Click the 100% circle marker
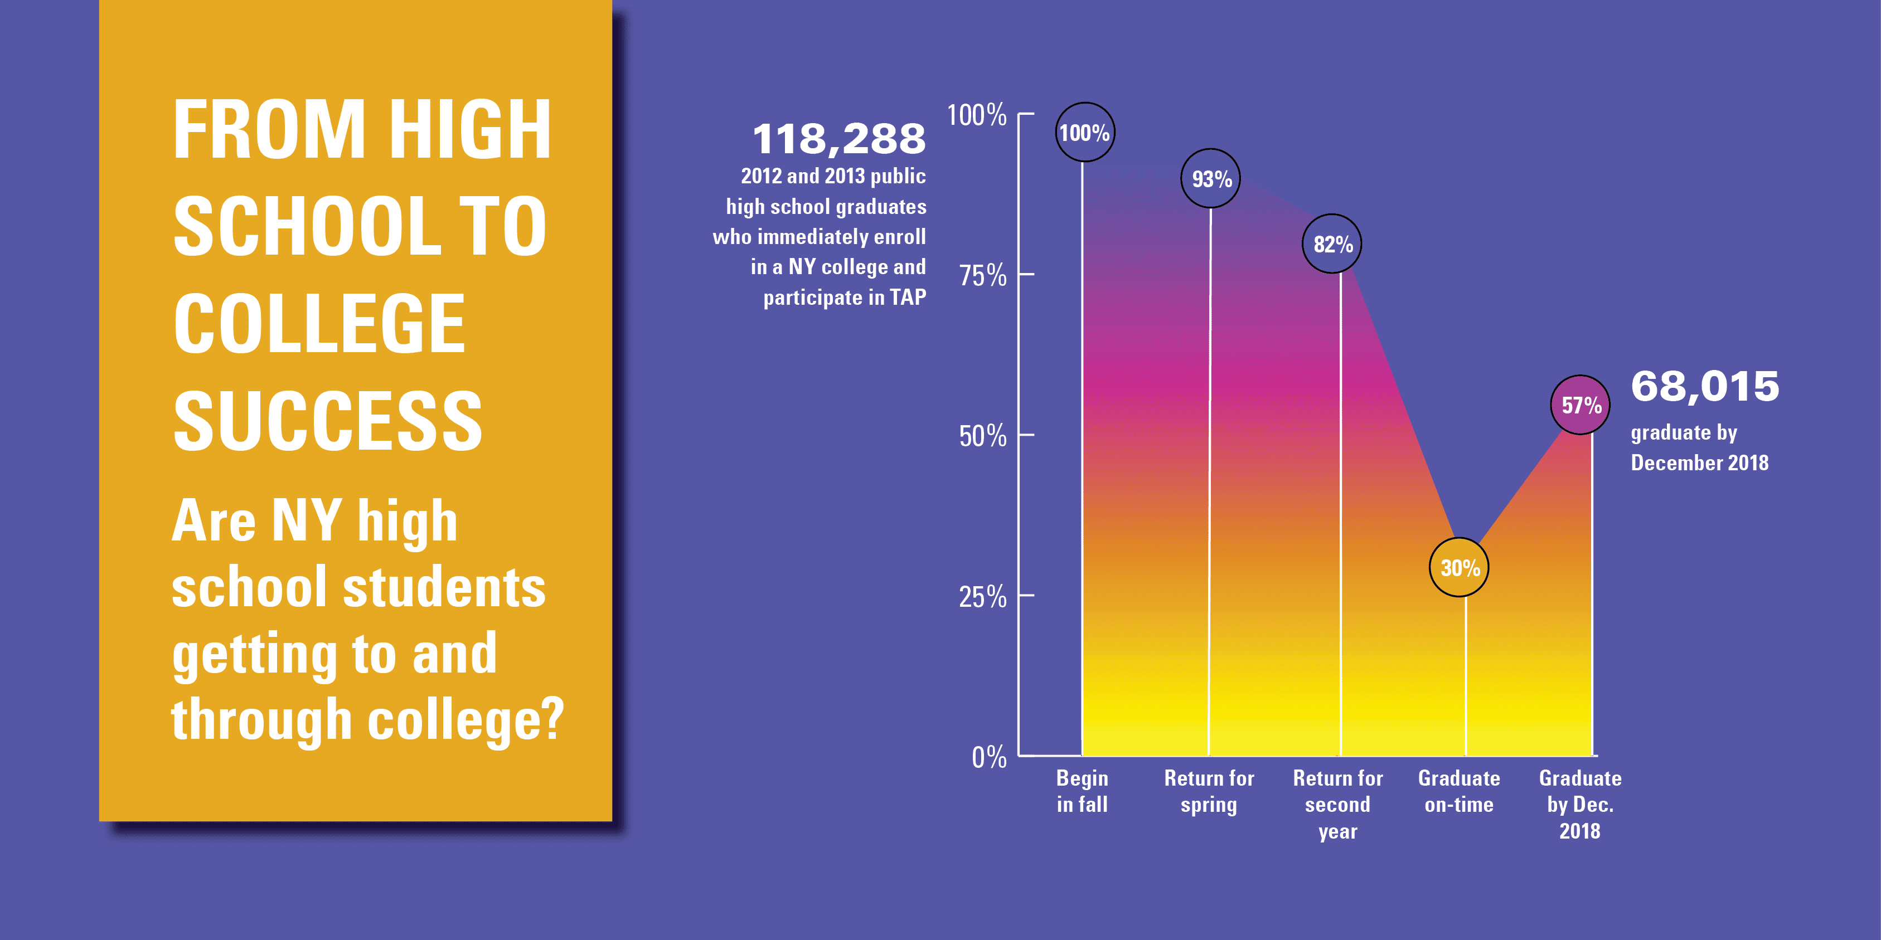click(x=1084, y=132)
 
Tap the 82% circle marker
click(x=1332, y=243)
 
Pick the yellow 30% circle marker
click(x=1459, y=567)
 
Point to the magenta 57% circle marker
click(x=1580, y=405)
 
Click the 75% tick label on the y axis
click(x=982, y=276)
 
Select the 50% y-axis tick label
click(x=982, y=436)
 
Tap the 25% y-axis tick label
click(x=982, y=597)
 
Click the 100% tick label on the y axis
click(x=976, y=115)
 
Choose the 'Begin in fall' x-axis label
click(x=1082, y=791)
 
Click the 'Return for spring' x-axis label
click(x=1209, y=791)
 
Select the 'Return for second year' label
click(x=1338, y=804)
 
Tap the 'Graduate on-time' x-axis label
click(x=1459, y=791)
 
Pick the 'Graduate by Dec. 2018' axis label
click(x=1580, y=804)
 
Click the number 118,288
click(x=839, y=139)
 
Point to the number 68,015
click(x=1705, y=386)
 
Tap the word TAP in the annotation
click(x=908, y=297)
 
